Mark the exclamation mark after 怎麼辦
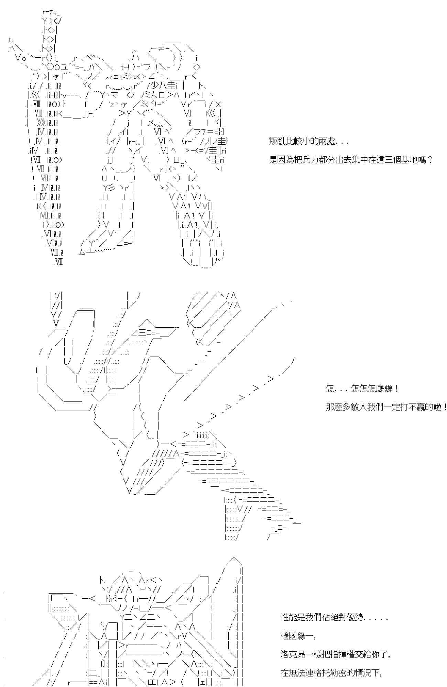[x=396, y=389]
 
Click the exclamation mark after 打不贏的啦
[x=445, y=407]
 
